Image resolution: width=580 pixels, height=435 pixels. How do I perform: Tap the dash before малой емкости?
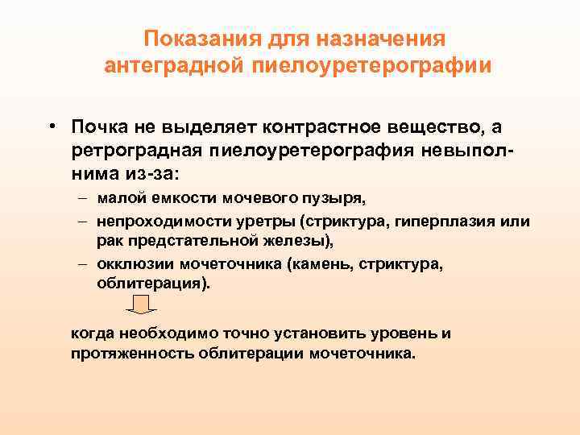pos(85,199)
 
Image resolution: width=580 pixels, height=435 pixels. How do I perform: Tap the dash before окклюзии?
pos(85,263)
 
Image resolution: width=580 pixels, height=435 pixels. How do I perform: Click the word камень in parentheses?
pos(321,263)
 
